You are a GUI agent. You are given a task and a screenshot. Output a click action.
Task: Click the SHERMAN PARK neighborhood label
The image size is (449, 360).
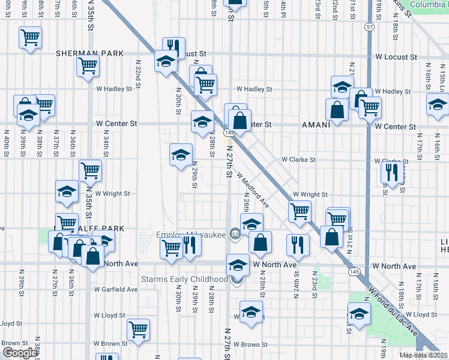(x=90, y=53)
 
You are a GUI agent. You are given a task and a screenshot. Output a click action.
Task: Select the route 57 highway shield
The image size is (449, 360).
(x=369, y=28)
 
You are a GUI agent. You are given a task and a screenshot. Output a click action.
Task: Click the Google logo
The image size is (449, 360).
(x=19, y=353)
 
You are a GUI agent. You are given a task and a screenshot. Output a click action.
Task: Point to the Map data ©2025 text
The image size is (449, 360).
(x=423, y=355)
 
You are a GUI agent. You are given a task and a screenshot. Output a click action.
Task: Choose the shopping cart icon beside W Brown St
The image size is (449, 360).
(x=138, y=329)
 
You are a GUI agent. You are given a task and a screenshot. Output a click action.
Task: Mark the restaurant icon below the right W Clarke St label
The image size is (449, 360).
(x=390, y=173)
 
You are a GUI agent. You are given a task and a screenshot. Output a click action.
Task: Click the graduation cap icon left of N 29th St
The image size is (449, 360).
(x=181, y=155)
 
